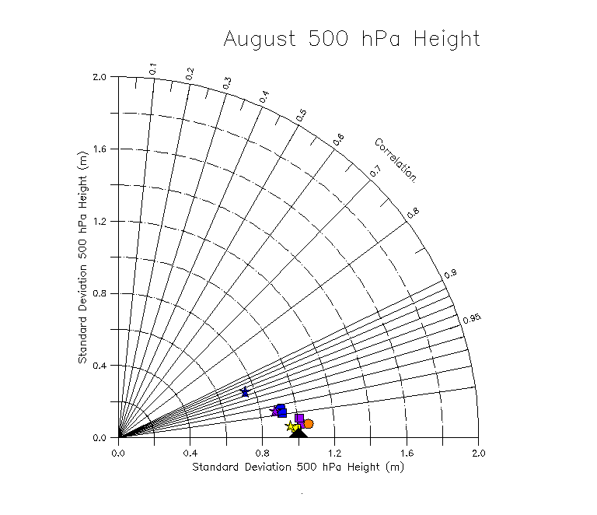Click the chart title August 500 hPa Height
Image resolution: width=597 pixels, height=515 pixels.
(x=351, y=39)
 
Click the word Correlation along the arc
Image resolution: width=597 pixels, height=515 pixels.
(x=396, y=159)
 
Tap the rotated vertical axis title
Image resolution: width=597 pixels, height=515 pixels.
(x=82, y=257)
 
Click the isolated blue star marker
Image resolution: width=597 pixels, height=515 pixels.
(x=245, y=392)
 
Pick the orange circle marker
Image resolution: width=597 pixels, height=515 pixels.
(x=308, y=424)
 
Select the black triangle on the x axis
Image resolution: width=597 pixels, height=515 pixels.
(x=298, y=432)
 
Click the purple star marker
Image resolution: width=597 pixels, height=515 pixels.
(x=274, y=410)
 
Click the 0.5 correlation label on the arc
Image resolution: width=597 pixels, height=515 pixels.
(x=301, y=115)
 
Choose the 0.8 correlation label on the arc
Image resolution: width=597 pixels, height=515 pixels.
(x=414, y=211)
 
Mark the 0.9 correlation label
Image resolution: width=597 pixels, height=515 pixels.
(x=450, y=275)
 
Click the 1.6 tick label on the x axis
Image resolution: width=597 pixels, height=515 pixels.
(x=407, y=452)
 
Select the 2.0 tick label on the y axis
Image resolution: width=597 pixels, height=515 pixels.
(x=99, y=77)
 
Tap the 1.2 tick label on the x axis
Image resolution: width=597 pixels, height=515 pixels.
(x=334, y=452)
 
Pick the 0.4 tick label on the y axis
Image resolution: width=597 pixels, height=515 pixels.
(x=99, y=366)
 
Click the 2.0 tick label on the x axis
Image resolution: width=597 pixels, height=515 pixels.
(x=478, y=452)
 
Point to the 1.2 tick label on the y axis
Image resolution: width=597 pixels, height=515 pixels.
(x=99, y=222)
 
